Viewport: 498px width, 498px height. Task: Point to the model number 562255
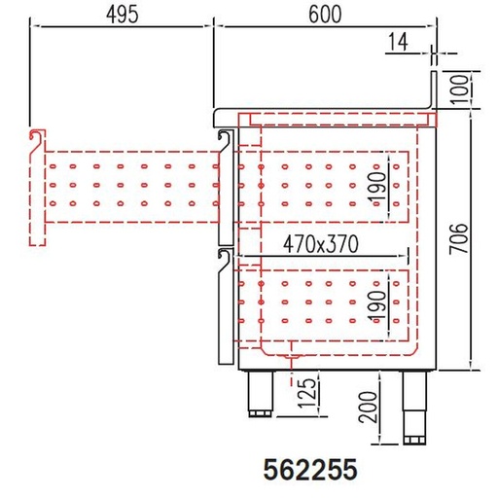pyautogui.click(x=310, y=470)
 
